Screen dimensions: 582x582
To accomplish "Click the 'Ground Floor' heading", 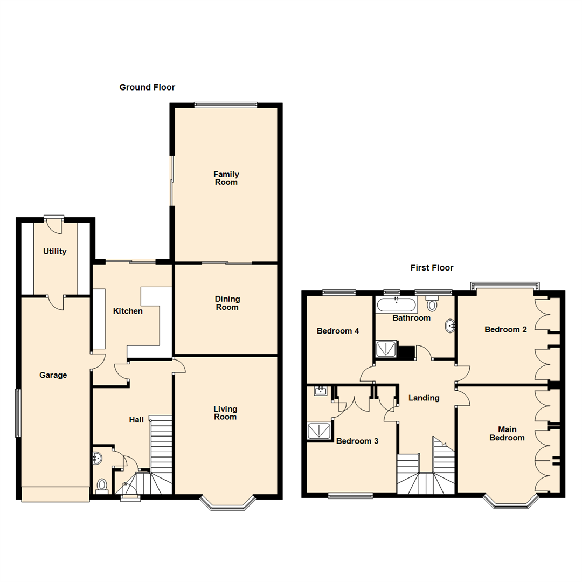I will pyautogui.click(x=147, y=87).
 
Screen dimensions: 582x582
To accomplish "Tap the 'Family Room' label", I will pyautogui.click(x=226, y=178).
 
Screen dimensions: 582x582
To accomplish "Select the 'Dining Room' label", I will pyautogui.click(x=227, y=303).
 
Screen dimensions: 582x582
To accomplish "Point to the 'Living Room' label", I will pyautogui.click(x=225, y=413).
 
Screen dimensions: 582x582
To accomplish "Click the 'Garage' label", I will pyautogui.click(x=53, y=376).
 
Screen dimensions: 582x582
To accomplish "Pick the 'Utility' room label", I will pyautogui.click(x=55, y=252).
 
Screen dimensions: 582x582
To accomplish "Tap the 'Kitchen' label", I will pyautogui.click(x=128, y=311).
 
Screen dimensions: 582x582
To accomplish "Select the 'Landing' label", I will pyautogui.click(x=424, y=398).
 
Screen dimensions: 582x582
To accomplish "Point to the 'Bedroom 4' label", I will pyautogui.click(x=338, y=331).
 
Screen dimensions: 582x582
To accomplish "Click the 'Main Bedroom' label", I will pyautogui.click(x=507, y=434).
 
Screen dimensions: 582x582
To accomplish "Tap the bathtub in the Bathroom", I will pyautogui.click(x=396, y=306).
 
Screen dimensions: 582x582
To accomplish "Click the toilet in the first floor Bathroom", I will pyautogui.click(x=432, y=304).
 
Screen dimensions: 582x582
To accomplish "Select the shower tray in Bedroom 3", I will pyautogui.click(x=320, y=431).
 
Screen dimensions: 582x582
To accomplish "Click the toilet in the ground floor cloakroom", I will pyautogui.click(x=101, y=487).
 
